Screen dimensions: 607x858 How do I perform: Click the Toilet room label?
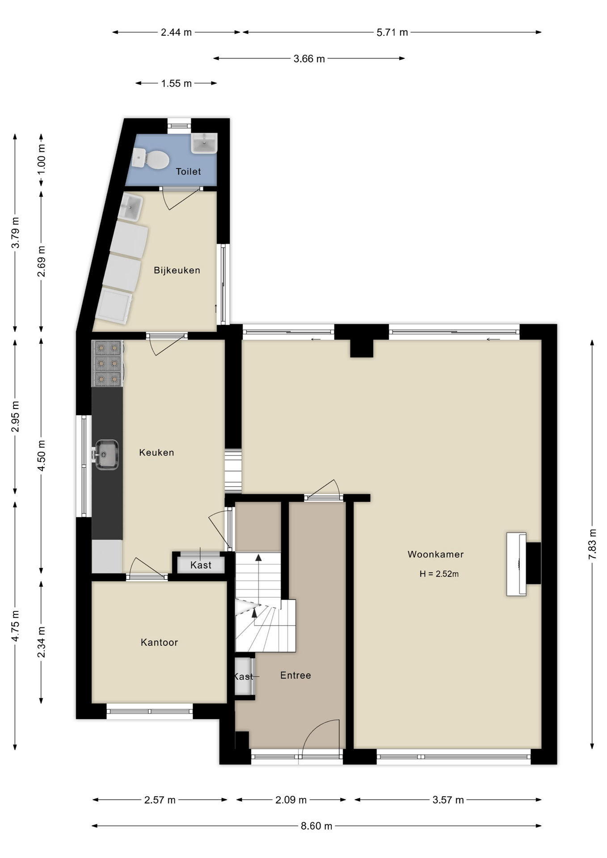click(188, 172)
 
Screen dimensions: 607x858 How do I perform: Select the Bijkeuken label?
click(177, 270)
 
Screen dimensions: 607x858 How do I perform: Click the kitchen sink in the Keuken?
click(106, 455)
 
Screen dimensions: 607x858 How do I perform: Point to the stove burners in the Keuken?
click(108, 363)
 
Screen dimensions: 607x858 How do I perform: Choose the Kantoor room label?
click(160, 643)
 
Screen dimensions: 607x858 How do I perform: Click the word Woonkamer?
click(436, 555)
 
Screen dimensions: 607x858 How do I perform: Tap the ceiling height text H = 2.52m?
click(439, 574)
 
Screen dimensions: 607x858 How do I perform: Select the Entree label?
click(295, 675)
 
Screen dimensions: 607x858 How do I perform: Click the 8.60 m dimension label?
click(316, 826)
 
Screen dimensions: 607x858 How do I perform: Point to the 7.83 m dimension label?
click(592, 544)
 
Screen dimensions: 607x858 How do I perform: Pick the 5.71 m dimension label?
click(392, 32)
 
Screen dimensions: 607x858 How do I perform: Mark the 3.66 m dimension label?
click(309, 59)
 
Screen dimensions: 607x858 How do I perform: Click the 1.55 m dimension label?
click(177, 84)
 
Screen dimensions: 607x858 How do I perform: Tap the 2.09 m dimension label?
click(291, 800)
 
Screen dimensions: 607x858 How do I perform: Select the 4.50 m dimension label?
click(41, 455)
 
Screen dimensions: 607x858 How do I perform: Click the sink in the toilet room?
click(204, 143)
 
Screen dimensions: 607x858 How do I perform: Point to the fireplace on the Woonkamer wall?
click(523, 564)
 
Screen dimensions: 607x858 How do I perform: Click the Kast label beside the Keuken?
click(201, 565)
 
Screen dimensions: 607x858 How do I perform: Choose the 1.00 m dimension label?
click(41, 159)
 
